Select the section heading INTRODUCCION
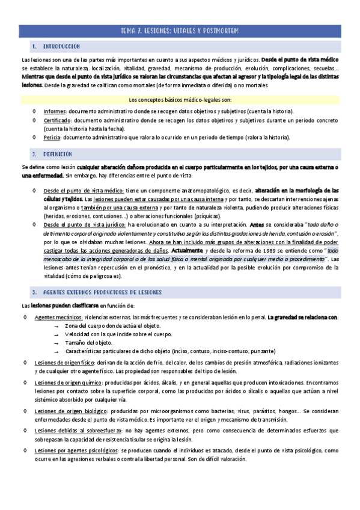pyautogui.click(x=60, y=46)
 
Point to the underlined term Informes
pyautogui.click(x=55, y=112)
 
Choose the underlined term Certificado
pyautogui.click(x=58, y=120)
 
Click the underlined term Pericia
pyautogui.click(x=53, y=138)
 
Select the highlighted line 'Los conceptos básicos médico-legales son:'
pyautogui.click(x=180, y=100)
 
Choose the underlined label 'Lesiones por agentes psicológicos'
pyautogui.click(x=79, y=449)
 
